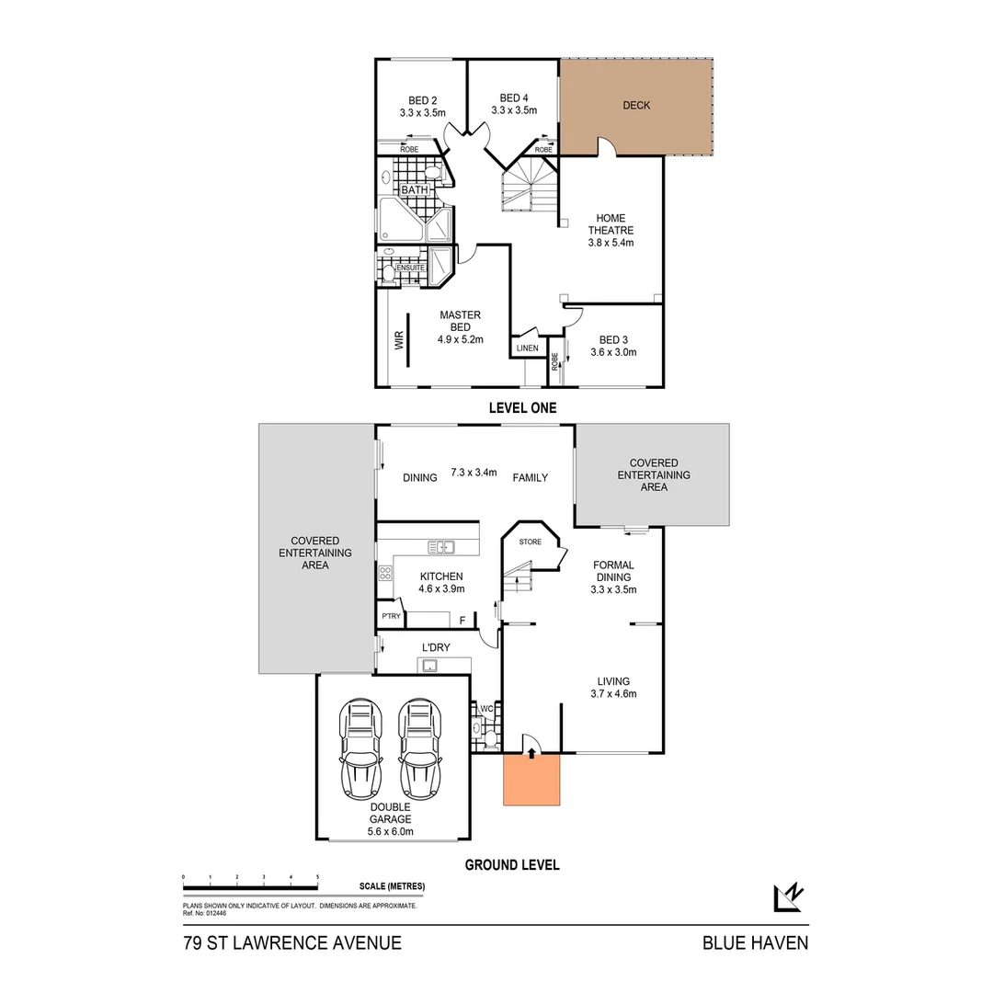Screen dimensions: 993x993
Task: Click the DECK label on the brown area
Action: [x=636, y=106]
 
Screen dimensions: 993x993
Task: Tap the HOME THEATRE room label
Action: [x=611, y=224]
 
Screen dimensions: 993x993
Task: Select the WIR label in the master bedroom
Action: [x=399, y=341]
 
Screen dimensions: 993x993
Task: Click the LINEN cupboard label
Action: [x=528, y=348]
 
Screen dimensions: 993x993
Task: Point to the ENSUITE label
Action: [x=410, y=268]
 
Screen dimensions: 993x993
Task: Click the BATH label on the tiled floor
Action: [x=415, y=190]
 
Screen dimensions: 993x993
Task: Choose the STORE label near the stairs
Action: [x=531, y=542]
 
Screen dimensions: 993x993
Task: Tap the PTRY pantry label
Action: [x=392, y=616]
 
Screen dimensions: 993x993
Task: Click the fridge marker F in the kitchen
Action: [x=462, y=621]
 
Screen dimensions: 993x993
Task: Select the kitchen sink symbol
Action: [x=440, y=547]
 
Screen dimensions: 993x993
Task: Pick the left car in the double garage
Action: [x=361, y=749]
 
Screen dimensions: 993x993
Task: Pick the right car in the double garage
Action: [x=420, y=749]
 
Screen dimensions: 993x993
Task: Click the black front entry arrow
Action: [x=531, y=753]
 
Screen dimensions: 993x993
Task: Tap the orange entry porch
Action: [x=531, y=780]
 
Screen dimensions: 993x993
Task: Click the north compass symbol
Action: [x=789, y=897]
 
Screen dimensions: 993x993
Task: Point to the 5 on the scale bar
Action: [x=317, y=878]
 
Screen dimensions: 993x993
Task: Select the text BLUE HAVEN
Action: [x=756, y=943]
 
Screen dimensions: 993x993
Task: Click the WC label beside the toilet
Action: [x=486, y=709]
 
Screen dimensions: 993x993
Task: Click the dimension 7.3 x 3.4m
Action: [x=474, y=473]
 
